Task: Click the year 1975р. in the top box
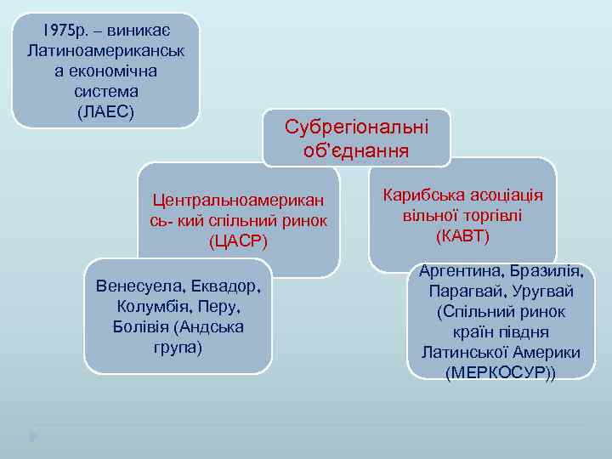pos(65,30)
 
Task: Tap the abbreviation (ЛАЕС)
pos(106,111)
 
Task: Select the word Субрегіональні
pos(357,128)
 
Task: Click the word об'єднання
pos(356,150)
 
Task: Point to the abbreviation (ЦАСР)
pos(238,241)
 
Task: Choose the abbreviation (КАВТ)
pos(462,235)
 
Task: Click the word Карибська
pos(423,195)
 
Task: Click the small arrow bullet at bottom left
pos(33,436)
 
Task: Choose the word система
pos(106,91)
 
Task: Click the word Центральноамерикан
pos(238,201)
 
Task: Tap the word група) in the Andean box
pos(178,347)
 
